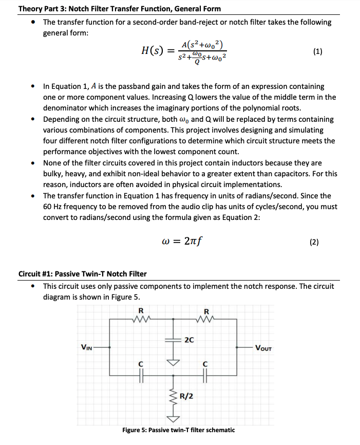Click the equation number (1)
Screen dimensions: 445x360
(x=317, y=51)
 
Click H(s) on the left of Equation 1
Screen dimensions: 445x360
(x=154, y=51)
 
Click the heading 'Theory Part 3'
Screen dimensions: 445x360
(x=119, y=8)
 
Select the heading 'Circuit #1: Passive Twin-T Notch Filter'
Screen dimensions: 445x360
(x=82, y=273)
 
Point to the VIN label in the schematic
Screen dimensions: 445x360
(x=86, y=348)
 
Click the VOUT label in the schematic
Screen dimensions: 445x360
(x=263, y=348)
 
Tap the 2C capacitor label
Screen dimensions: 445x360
(x=188, y=340)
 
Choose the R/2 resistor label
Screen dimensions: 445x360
(x=186, y=396)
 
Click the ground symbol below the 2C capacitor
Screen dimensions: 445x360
(x=173, y=362)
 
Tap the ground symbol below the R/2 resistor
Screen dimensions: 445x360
(x=173, y=417)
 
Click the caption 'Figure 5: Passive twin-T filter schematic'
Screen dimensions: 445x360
(x=178, y=430)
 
